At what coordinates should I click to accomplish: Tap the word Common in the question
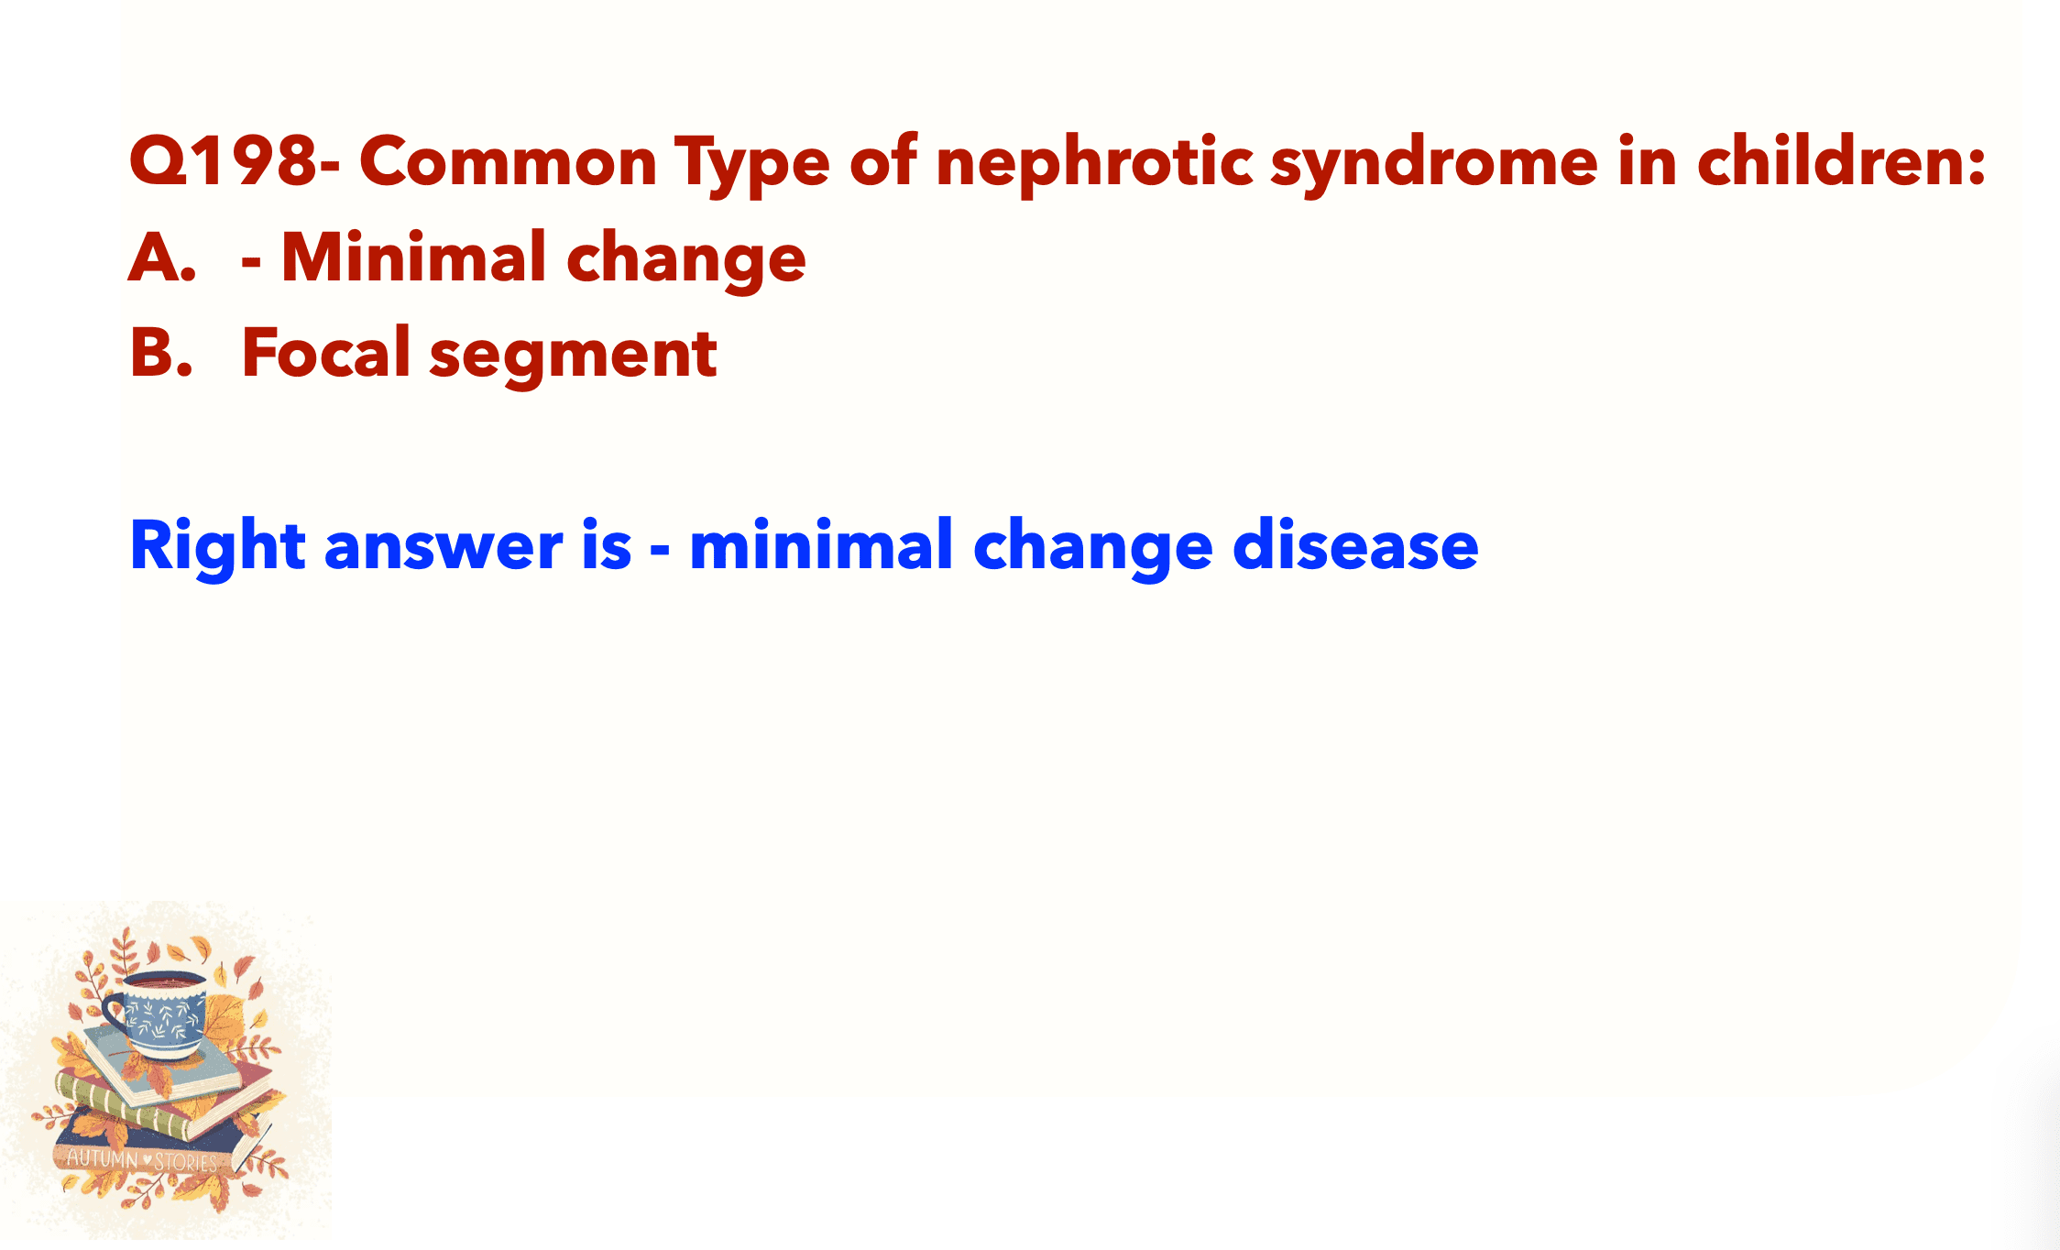tap(509, 161)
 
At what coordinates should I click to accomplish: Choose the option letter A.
tap(162, 258)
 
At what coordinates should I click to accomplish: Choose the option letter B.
tap(161, 353)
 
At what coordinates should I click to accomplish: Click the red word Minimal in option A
tap(413, 257)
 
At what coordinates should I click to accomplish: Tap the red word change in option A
tap(685, 260)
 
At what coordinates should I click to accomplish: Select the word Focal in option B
tap(325, 352)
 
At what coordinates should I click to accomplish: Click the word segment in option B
tap(573, 356)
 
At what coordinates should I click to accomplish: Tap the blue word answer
tap(444, 548)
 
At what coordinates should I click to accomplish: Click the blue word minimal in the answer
tap(821, 544)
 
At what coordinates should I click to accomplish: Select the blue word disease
tap(1355, 544)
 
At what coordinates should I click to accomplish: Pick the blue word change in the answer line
tap(1092, 548)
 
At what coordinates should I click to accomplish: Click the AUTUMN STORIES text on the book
tap(143, 1161)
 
